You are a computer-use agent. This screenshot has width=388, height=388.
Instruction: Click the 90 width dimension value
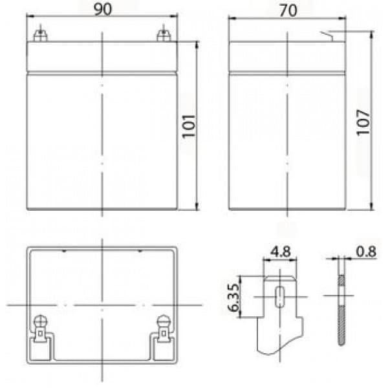(103, 10)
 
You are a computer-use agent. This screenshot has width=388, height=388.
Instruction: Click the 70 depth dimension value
(288, 11)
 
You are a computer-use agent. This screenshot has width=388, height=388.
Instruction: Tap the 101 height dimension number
(189, 126)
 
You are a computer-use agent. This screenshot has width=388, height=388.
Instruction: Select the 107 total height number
(363, 122)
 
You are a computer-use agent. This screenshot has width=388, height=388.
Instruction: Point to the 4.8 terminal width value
(281, 252)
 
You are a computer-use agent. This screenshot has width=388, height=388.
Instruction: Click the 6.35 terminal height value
(233, 297)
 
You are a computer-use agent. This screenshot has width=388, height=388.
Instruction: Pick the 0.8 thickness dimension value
(366, 252)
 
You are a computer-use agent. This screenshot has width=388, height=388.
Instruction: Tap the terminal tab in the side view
(327, 36)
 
